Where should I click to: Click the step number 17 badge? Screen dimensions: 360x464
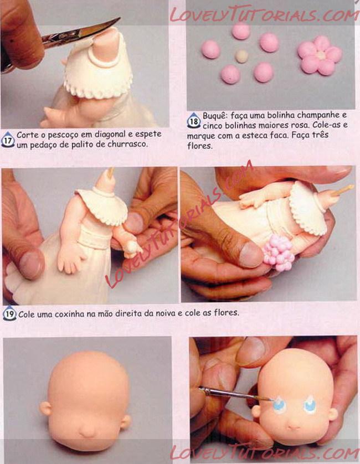pos(8,140)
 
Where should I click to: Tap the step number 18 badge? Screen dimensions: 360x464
pos(194,121)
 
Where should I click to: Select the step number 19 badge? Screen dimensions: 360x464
pos(9,313)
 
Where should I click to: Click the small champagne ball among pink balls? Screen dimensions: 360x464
pos(241,56)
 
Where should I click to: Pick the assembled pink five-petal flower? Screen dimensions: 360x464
pos(320,55)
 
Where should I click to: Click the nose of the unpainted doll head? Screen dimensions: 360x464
pos(88,432)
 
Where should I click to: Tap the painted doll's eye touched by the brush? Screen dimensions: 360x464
pos(280,404)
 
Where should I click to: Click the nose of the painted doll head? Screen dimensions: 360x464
pos(294,426)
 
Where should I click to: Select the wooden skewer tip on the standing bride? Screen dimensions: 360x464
pos(111,173)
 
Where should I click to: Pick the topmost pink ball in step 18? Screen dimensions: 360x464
pos(241,32)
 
